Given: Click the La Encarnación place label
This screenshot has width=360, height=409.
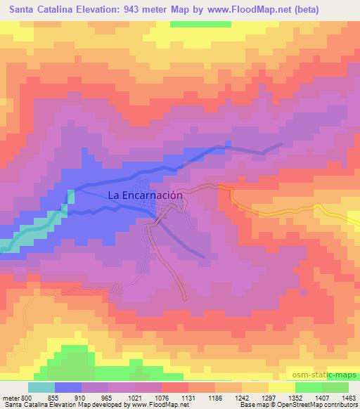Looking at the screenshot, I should [x=146, y=197].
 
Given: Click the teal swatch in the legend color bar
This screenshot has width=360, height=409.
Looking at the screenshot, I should [x=41, y=387].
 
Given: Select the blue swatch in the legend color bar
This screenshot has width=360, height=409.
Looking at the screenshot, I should [x=68, y=387].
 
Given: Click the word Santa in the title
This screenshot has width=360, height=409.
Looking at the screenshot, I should [x=17, y=8].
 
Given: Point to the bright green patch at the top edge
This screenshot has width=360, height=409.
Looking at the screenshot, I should [x=200, y=24].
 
